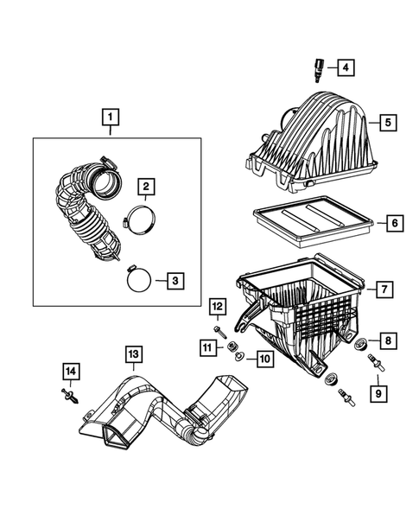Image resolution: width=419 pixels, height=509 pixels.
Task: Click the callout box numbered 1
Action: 109,113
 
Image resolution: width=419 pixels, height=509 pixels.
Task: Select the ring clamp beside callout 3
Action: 136,279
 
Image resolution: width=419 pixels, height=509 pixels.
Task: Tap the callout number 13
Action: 133,353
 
